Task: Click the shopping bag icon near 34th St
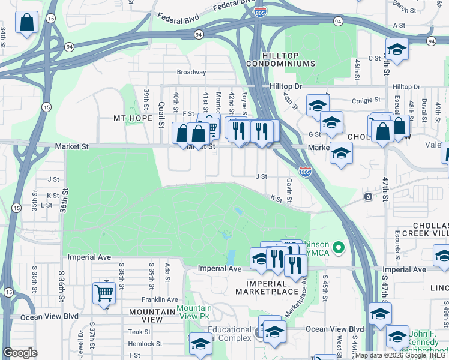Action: coord(28,24)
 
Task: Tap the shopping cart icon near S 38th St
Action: coord(104,294)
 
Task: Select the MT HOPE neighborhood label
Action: coord(133,118)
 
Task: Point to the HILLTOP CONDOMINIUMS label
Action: coord(280,59)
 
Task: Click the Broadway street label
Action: coord(191,72)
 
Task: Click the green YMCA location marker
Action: coord(339,247)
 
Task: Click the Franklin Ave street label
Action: coord(160,299)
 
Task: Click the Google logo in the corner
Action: coord(20,353)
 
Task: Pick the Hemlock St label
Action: coord(146,344)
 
